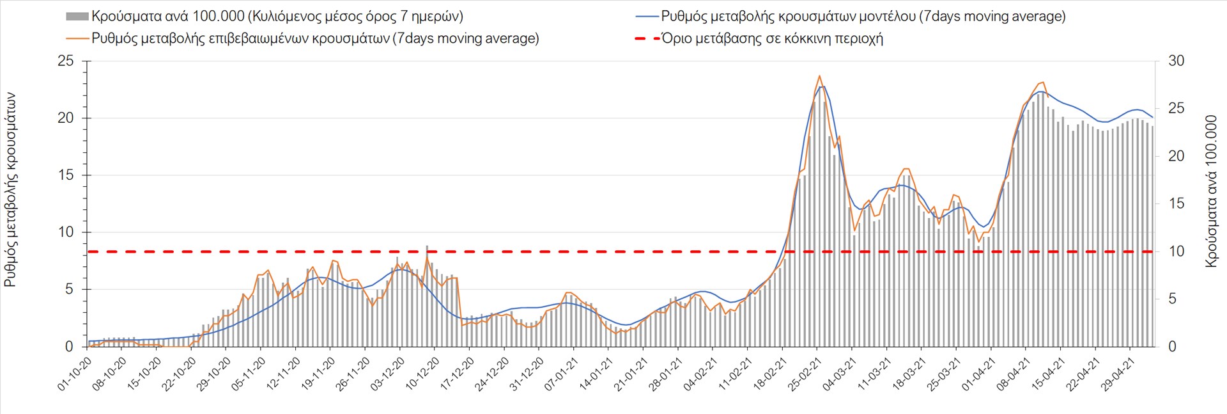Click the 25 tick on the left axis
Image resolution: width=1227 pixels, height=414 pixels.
pyautogui.click(x=66, y=61)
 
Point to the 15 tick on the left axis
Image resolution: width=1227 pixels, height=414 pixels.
pyautogui.click(x=66, y=175)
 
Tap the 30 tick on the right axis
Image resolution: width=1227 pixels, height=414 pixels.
pyautogui.click(x=1177, y=61)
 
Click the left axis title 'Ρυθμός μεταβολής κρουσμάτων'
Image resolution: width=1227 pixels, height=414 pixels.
pyautogui.click(x=11, y=189)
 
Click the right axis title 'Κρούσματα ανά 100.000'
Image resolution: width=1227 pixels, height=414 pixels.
pyautogui.click(x=1211, y=191)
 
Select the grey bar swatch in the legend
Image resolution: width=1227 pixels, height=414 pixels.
pyautogui.click(x=77, y=16)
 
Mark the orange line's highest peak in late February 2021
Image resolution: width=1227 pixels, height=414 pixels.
pyautogui.click(x=819, y=76)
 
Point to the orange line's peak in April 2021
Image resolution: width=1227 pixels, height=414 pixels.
pyautogui.click(x=1043, y=82)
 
